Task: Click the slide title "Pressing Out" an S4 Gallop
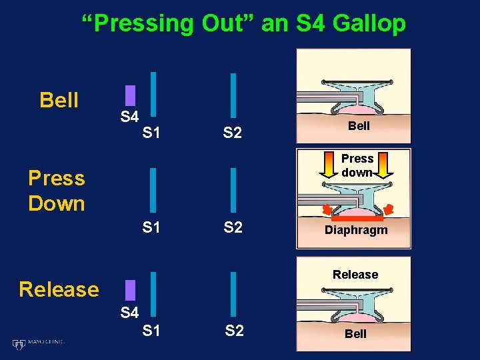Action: [243, 23]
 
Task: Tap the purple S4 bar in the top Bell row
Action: [131, 95]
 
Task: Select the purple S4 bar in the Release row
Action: [131, 290]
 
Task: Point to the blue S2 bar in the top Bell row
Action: [233, 94]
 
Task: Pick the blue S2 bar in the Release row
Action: [233, 292]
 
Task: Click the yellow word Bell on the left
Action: [59, 101]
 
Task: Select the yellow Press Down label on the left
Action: [57, 191]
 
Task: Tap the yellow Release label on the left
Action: [59, 289]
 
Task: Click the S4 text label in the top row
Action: [129, 117]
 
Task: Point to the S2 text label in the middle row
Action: [233, 227]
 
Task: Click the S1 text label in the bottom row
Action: [151, 330]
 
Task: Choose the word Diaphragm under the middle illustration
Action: [355, 231]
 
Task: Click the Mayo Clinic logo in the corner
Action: [39, 343]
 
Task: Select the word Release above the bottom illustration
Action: [355, 275]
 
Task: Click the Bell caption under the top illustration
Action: [359, 126]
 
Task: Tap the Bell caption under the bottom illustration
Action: [355, 334]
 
